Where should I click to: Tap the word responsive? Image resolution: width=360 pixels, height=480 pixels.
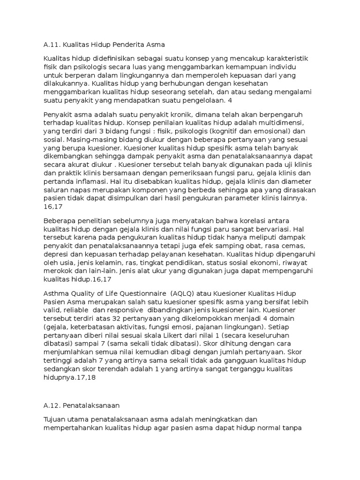[x=123, y=310]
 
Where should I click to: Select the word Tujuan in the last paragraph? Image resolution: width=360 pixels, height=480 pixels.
[x=55, y=419]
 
